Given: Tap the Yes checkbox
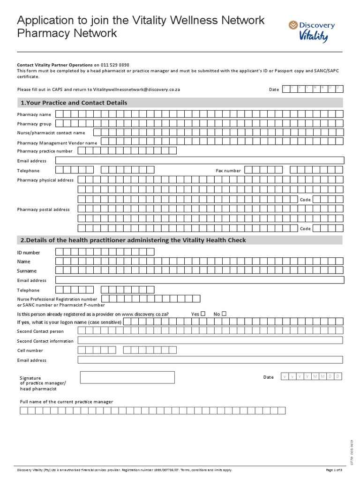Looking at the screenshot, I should pyautogui.click(x=203, y=314).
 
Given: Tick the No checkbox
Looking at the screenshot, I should pyautogui.click(x=224, y=314).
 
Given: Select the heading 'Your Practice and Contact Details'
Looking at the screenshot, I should pyautogui.click(x=74, y=103).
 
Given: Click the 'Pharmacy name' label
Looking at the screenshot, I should pyautogui.click(x=34, y=114).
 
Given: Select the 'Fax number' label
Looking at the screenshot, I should pyautogui.click(x=228, y=171).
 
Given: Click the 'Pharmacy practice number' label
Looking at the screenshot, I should pyautogui.click(x=45, y=151).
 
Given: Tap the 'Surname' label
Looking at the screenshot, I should pyautogui.click(x=27, y=271).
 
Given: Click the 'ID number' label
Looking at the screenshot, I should pyautogui.click(x=29, y=253).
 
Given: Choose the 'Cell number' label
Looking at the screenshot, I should pyautogui.click(x=30, y=351).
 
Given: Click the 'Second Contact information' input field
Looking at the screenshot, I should pyautogui.click(x=210, y=340).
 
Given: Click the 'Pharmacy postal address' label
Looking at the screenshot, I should pyautogui.click(x=44, y=210).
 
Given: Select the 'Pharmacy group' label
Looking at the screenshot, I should pyautogui.click(x=34, y=124).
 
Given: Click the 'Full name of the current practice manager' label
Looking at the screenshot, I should pyautogui.click(x=66, y=402).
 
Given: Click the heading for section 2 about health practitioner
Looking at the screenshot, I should pyautogui.click(x=133, y=240).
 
